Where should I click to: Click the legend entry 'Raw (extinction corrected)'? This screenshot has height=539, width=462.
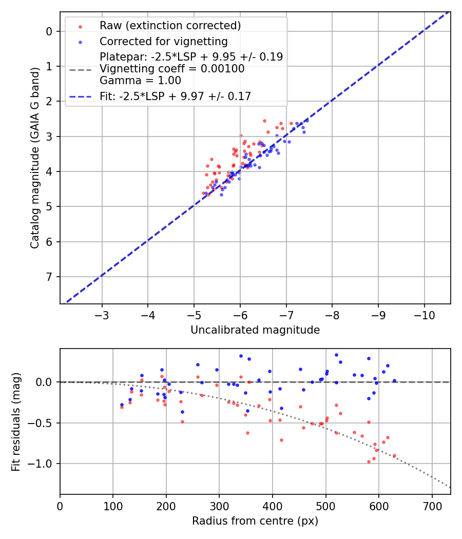pyautogui.click(x=170, y=26)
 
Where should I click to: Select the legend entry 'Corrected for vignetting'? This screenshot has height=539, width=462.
pyautogui.click(x=163, y=41)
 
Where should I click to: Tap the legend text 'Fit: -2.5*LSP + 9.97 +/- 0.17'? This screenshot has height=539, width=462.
pyautogui.click(x=175, y=96)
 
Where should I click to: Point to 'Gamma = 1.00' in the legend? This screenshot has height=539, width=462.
pyautogui.click(x=140, y=80)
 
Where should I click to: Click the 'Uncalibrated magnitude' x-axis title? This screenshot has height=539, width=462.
pyautogui.click(x=255, y=330)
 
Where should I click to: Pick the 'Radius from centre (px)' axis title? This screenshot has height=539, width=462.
pyautogui.click(x=255, y=521)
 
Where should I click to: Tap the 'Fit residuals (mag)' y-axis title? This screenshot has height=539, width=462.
pyautogui.click(x=16, y=421)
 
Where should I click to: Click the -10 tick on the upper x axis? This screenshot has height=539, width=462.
pyautogui.click(x=424, y=315)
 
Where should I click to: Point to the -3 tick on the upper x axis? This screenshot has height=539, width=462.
pyautogui.click(x=102, y=315)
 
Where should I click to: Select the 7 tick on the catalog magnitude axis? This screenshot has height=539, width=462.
pyautogui.click(x=50, y=277)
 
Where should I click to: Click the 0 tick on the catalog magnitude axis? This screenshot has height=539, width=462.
pyautogui.click(x=50, y=31)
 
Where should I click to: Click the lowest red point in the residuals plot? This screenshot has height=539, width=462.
pyautogui.click(x=369, y=461)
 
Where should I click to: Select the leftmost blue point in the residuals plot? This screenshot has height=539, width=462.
pyautogui.click(x=122, y=405)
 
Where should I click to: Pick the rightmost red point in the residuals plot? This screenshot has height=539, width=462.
pyautogui.click(x=394, y=455)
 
